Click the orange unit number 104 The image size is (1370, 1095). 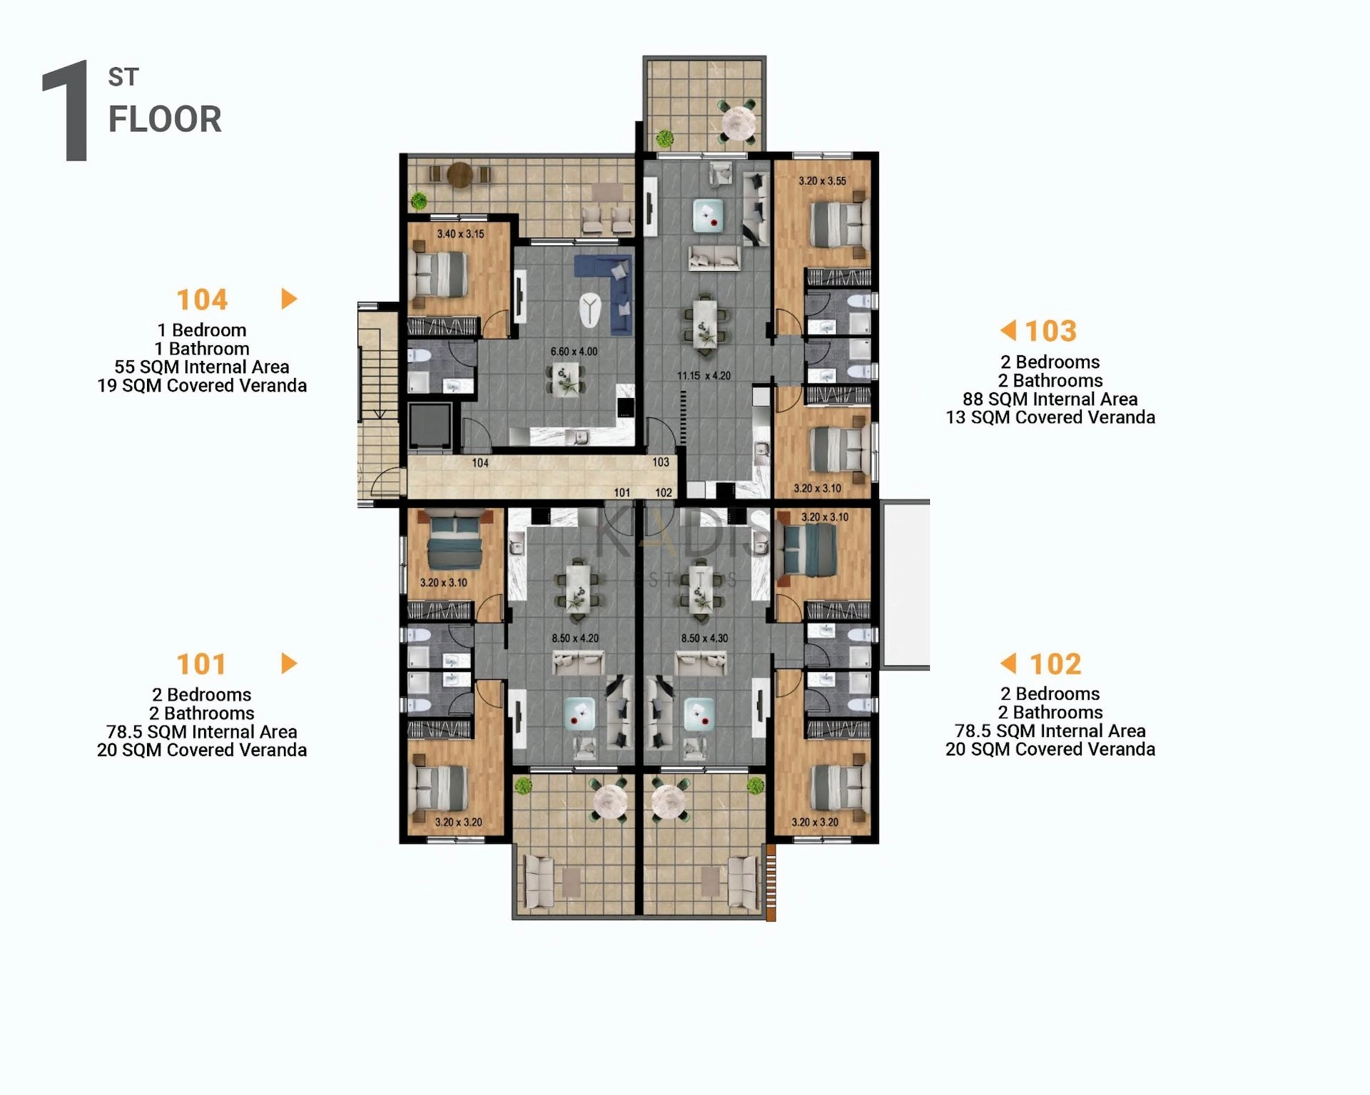[202, 300]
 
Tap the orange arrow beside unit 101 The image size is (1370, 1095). [289, 663]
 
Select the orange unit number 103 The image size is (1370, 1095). [1050, 331]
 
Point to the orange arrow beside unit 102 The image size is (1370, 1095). [1008, 663]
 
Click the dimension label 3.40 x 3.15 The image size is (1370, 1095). [460, 234]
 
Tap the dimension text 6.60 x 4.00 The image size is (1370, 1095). [574, 352]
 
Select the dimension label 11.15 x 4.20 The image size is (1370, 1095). [704, 376]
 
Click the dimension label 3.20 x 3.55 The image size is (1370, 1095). [822, 181]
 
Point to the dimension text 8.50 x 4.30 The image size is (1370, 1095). [704, 638]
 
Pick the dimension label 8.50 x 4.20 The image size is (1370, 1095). [575, 638]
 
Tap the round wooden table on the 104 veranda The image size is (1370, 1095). [460, 175]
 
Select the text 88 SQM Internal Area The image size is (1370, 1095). [1050, 399]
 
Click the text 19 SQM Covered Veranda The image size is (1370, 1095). [202, 386]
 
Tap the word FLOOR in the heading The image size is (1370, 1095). [165, 119]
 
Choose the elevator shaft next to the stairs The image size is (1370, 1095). [430, 427]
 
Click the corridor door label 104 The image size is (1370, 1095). [480, 463]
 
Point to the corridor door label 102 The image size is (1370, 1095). [664, 493]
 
